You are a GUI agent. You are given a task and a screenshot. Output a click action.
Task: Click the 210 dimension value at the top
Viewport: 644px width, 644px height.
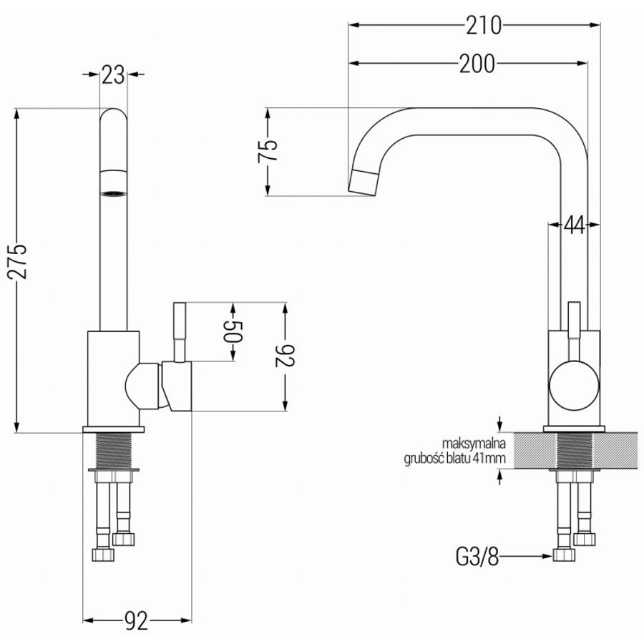click(484, 26)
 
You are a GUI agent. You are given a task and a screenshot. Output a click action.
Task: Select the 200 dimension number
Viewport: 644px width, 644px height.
click(477, 64)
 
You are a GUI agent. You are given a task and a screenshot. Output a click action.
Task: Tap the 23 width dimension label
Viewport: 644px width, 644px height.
click(113, 74)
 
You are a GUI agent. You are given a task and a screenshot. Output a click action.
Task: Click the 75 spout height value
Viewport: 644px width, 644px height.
click(268, 152)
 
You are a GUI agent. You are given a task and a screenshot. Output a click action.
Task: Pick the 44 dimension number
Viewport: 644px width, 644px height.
click(574, 225)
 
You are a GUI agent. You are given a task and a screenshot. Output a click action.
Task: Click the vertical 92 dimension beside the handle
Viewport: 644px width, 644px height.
click(286, 356)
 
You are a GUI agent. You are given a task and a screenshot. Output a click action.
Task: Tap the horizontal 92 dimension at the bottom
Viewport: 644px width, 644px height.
click(136, 620)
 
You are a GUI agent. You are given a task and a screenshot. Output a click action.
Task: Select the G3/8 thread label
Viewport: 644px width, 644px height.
click(477, 557)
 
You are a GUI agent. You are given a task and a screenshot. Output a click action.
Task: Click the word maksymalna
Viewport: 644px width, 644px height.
click(474, 444)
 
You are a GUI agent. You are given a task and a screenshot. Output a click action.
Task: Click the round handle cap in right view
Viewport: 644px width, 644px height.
click(574, 386)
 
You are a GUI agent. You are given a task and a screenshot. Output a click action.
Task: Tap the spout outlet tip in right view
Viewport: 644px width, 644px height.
click(363, 182)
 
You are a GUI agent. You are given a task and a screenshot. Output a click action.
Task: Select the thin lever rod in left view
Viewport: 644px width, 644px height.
click(180, 333)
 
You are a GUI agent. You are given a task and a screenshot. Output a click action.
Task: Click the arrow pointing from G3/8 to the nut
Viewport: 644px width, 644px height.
click(526, 557)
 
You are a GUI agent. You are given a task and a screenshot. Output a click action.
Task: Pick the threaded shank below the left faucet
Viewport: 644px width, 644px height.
click(113, 451)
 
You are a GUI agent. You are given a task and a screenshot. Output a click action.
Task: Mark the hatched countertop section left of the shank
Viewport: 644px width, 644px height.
click(532, 451)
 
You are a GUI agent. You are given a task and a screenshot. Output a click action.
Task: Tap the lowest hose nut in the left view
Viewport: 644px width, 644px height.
click(102, 555)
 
